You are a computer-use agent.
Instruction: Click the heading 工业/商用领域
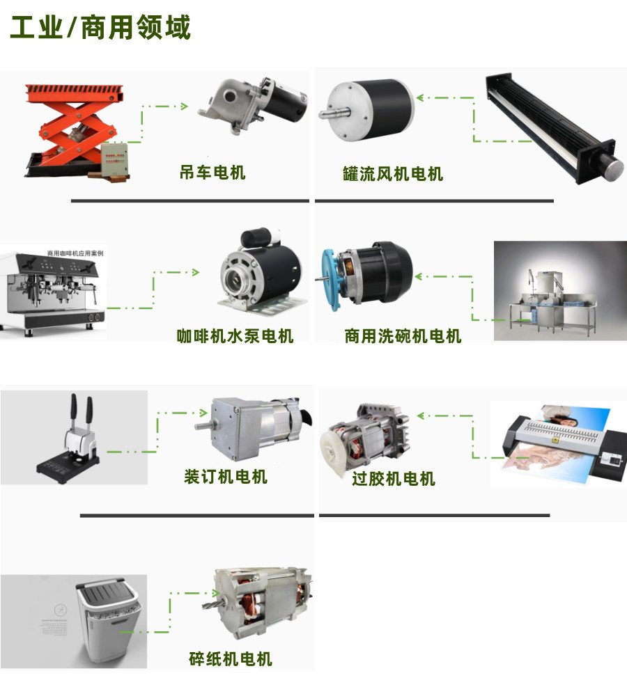point(100,29)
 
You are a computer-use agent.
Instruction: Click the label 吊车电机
point(212,172)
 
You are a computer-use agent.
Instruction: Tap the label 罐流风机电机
point(393,173)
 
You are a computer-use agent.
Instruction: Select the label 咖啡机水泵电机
point(235,336)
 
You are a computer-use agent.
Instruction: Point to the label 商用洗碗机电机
point(403,336)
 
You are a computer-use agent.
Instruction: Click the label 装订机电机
point(225,477)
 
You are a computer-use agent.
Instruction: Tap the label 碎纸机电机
point(230,658)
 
